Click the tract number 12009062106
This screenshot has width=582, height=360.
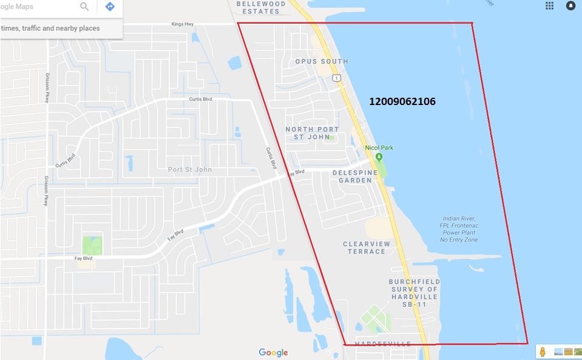click(x=402, y=101)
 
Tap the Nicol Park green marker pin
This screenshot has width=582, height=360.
click(x=379, y=157)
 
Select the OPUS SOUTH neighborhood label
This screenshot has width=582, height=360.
click(x=322, y=61)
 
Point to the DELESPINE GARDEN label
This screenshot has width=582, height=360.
click(x=355, y=176)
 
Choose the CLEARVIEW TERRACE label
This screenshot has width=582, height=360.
click(x=367, y=248)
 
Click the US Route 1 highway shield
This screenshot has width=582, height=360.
click(x=336, y=78)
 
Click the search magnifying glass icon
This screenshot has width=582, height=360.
click(x=84, y=7)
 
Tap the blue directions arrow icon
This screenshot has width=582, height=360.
click(x=110, y=7)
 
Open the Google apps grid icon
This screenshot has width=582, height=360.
click(x=550, y=5)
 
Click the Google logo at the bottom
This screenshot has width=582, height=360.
click(x=273, y=352)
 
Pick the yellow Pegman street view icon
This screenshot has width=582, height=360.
click(x=543, y=352)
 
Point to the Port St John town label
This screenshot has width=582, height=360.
click(x=190, y=169)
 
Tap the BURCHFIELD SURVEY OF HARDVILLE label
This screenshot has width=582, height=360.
click(x=415, y=293)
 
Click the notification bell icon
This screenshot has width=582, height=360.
click(x=570, y=5)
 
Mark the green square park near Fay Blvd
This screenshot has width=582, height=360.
click(x=92, y=245)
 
